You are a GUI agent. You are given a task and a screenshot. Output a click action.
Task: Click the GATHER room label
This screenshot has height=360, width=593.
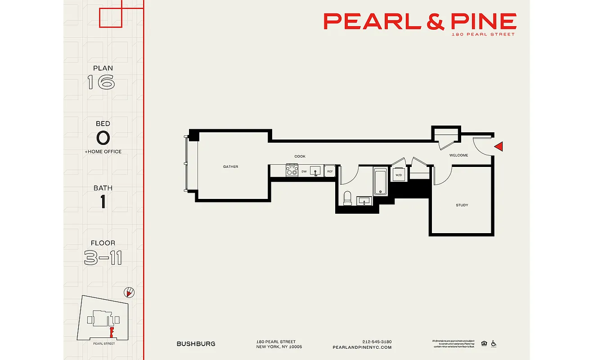(x=230, y=167)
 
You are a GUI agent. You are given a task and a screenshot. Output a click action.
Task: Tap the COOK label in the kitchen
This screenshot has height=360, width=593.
(x=300, y=157)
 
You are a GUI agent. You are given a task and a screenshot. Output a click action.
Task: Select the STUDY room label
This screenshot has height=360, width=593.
(x=462, y=205)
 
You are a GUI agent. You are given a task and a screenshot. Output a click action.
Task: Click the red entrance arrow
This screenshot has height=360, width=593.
(x=498, y=146)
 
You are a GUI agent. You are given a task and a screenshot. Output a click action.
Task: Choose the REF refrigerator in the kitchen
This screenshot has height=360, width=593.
(x=330, y=171)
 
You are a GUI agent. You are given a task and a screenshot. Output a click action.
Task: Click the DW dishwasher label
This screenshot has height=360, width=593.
(x=304, y=171)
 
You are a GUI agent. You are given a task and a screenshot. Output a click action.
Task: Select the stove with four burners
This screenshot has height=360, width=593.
(x=292, y=171)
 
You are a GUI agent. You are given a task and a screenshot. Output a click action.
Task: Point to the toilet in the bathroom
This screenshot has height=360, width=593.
(x=347, y=198)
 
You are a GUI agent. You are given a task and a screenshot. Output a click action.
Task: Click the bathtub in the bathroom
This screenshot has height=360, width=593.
(x=380, y=181)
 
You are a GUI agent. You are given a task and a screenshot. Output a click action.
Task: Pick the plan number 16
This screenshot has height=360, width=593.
(x=101, y=82)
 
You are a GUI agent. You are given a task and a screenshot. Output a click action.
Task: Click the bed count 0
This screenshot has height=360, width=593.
(x=103, y=137)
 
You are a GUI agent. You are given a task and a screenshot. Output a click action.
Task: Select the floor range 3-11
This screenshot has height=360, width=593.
(x=103, y=258)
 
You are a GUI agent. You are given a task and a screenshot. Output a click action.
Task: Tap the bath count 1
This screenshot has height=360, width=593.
(x=103, y=202)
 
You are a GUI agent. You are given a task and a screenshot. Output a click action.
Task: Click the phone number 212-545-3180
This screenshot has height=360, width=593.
(x=377, y=342)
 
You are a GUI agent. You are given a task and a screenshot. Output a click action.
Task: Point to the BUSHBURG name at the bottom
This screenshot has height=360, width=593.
(x=196, y=344)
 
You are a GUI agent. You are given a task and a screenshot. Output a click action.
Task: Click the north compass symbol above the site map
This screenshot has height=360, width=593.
(x=129, y=293)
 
